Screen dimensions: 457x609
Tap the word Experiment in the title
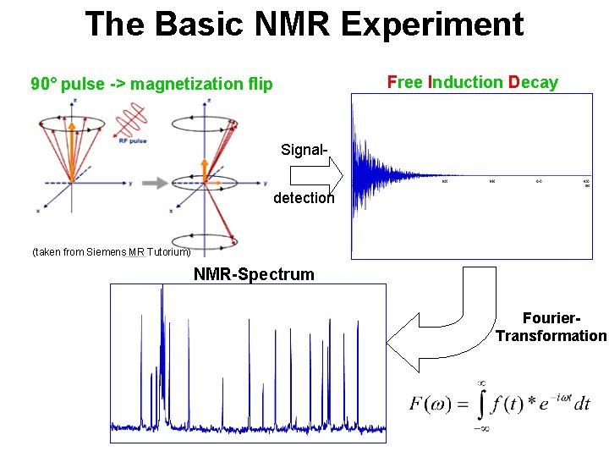[x=431, y=24]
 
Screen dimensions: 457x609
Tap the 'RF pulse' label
[x=133, y=140]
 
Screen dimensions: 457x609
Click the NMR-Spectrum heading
[x=254, y=274]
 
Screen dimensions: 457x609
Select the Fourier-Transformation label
[x=551, y=328]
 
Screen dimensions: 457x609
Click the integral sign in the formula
[x=480, y=405]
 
